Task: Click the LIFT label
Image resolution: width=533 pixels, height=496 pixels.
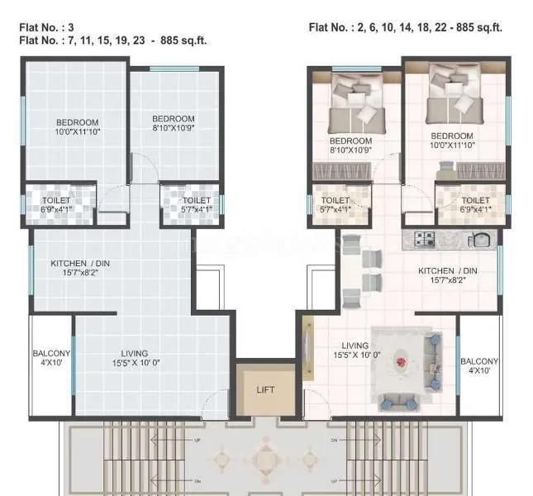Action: [x=264, y=389]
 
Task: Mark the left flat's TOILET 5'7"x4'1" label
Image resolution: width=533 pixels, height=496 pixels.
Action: [x=196, y=204]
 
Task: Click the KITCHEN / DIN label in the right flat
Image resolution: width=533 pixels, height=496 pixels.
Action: [x=447, y=276]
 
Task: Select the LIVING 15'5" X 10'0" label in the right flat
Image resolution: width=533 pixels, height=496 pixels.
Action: [x=357, y=351]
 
